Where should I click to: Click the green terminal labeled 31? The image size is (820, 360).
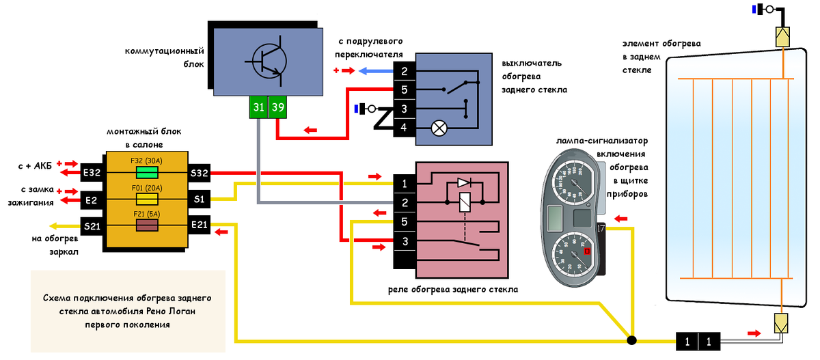258,107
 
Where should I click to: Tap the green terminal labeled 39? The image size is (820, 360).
277,107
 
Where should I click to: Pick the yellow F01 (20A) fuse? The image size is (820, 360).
148,199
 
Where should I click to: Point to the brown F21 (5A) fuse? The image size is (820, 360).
148,225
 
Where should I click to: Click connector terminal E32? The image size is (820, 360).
91,173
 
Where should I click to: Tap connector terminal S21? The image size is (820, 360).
91,226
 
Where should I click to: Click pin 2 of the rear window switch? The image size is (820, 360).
405,71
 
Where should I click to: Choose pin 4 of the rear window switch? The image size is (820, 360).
405,127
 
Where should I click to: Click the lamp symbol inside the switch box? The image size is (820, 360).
439,127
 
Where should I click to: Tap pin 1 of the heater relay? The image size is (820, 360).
405,184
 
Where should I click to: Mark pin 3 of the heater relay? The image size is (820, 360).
405,241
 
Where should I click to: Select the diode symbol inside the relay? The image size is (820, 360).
464,183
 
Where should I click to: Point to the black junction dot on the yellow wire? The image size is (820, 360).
632,340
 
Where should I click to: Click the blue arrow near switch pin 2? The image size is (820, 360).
374,71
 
